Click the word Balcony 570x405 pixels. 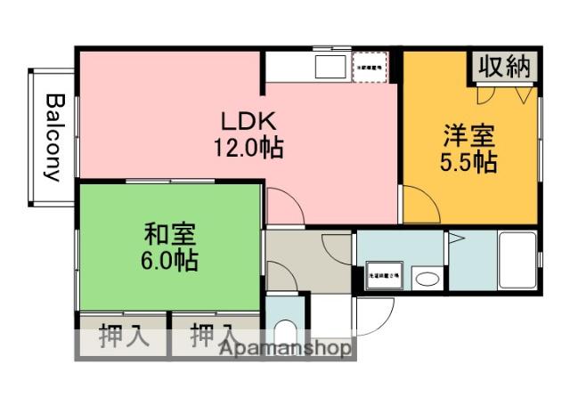pyautogui.click(x=54, y=137)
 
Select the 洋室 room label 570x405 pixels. pyautogui.click(x=469, y=138)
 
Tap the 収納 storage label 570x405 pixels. pyautogui.click(x=504, y=66)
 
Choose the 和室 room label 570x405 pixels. pyautogui.click(x=170, y=236)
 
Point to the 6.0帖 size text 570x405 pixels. pyautogui.click(x=170, y=262)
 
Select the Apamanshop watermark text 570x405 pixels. pyautogui.click(x=284, y=348)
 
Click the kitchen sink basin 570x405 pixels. pyautogui.click(x=332, y=67)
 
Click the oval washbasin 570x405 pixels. pyautogui.click(x=427, y=279)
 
